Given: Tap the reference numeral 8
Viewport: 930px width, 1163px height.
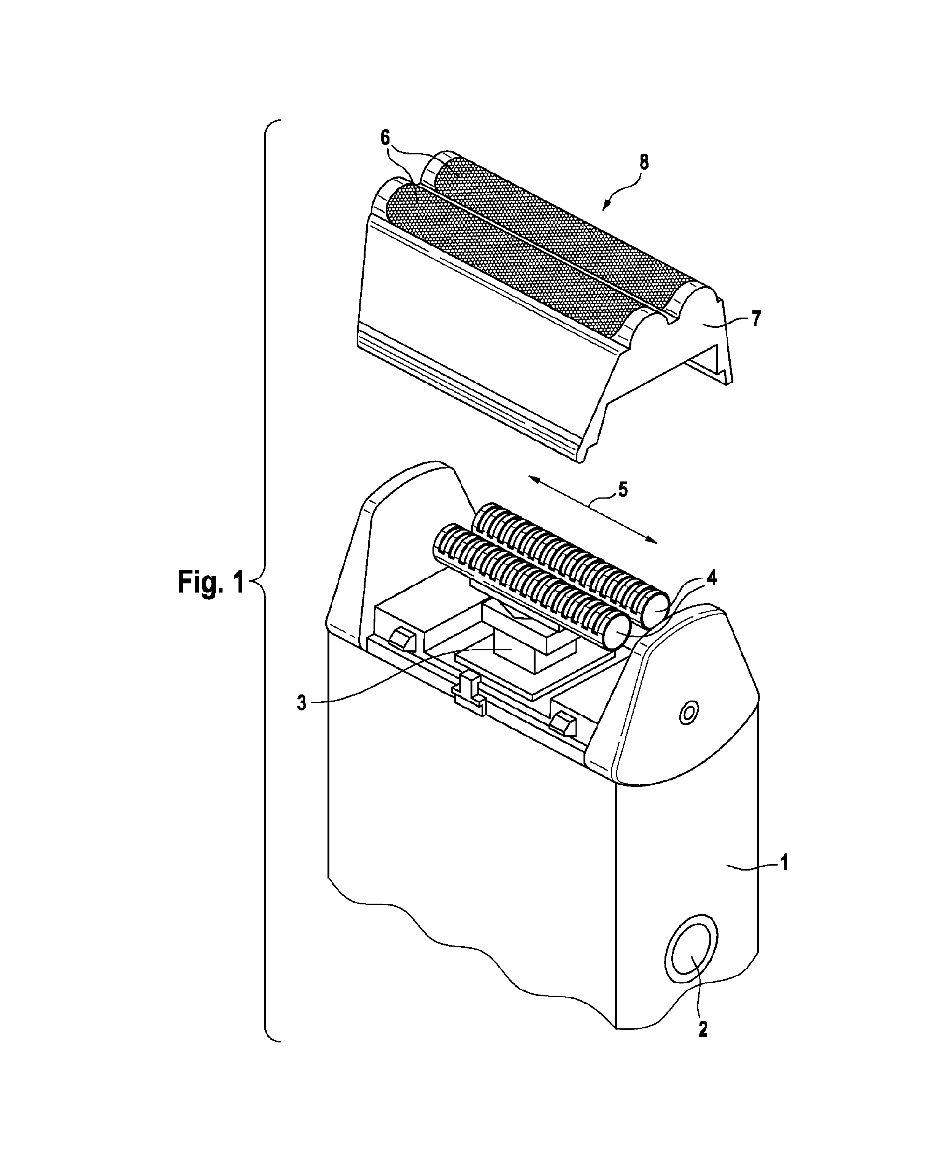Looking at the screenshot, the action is [x=644, y=162].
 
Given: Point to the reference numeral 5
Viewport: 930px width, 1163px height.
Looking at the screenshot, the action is [x=623, y=490].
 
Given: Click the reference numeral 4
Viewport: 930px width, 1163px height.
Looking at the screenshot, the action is [x=712, y=579].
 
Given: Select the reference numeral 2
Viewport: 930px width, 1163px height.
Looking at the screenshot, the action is [x=703, y=1029].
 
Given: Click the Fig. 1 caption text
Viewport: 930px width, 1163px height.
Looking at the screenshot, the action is [x=211, y=583].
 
